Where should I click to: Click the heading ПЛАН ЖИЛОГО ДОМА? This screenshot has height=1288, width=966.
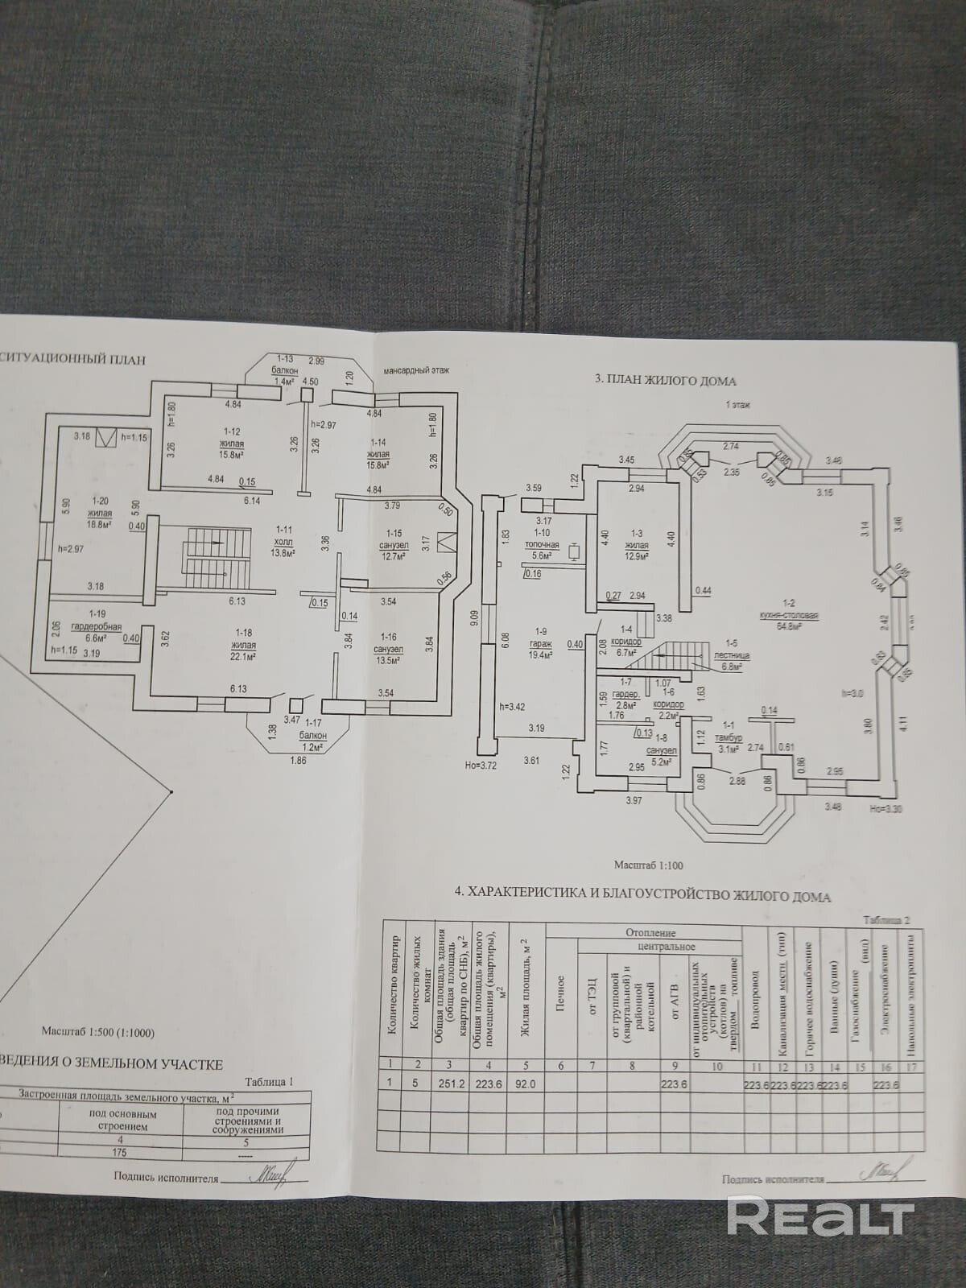(x=665, y=379)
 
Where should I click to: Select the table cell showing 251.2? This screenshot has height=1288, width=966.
(x=448, y=1083)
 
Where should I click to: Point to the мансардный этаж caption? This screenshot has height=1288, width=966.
(x=417, y=370)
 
